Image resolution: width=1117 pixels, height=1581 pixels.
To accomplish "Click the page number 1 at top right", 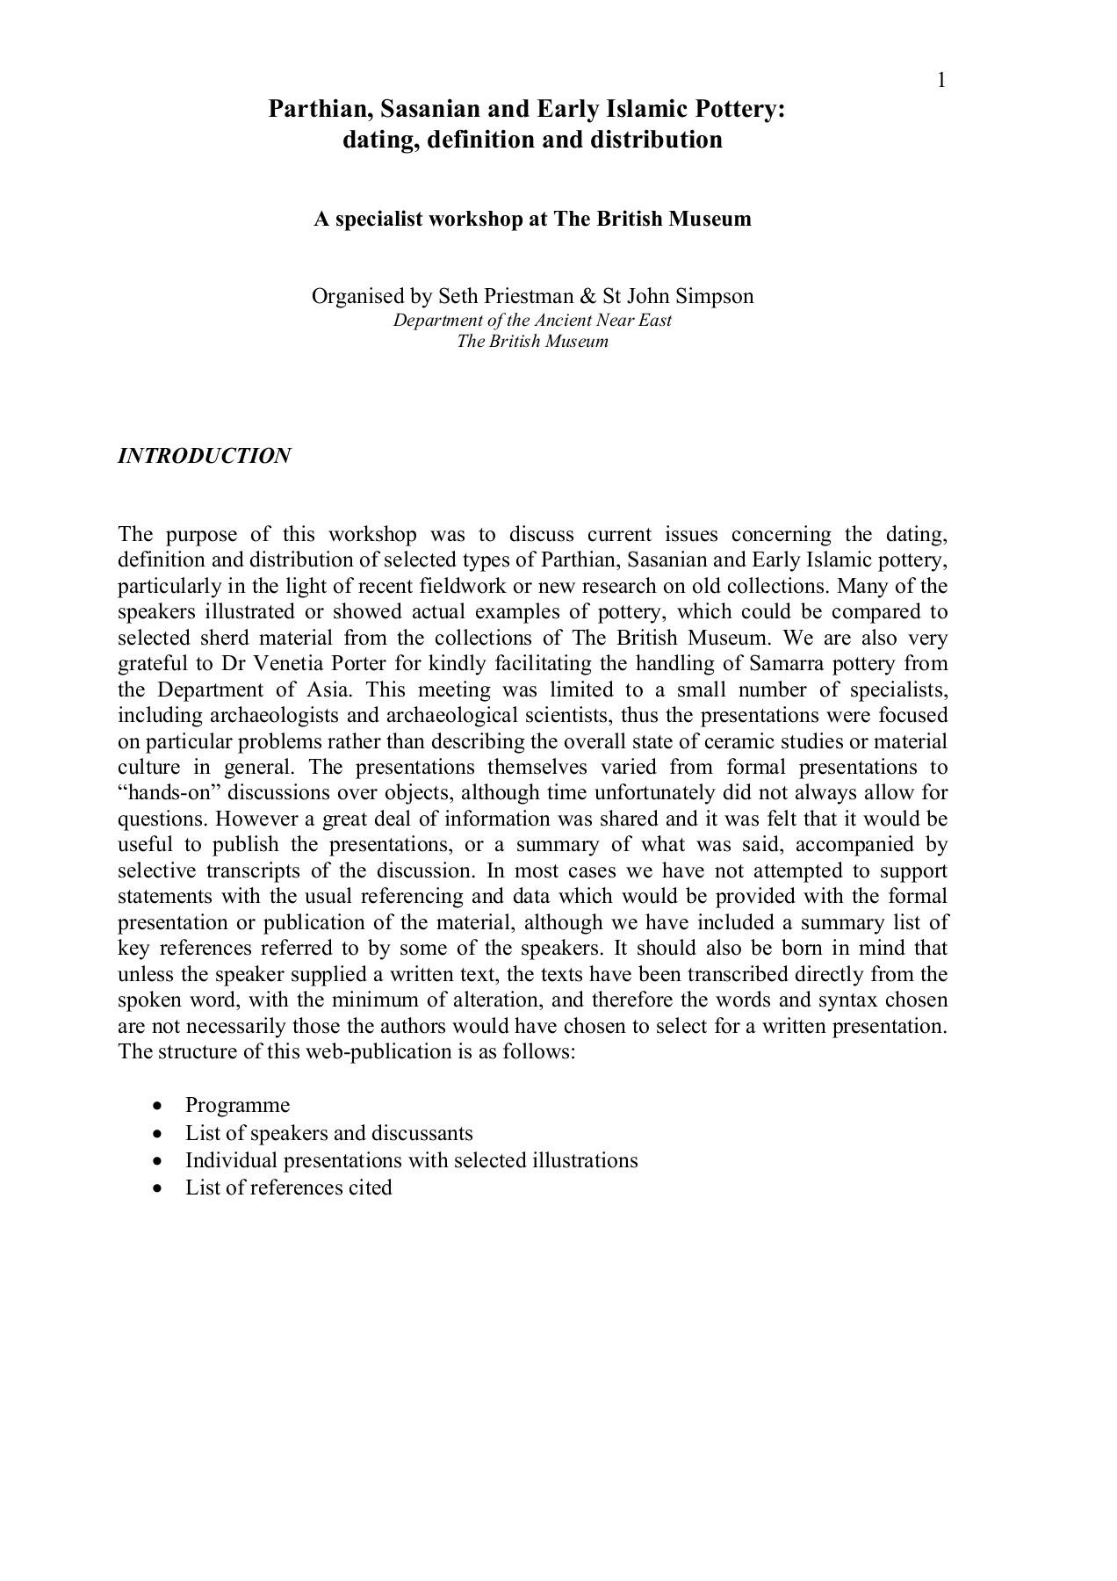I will point(941,81).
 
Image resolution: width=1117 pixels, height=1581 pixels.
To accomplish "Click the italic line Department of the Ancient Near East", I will point(532,320).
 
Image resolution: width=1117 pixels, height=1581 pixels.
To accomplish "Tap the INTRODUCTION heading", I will point(205,456).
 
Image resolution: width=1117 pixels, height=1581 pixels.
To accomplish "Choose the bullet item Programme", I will point(237,1105).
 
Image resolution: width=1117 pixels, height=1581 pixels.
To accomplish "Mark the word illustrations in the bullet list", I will point(584,1160).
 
